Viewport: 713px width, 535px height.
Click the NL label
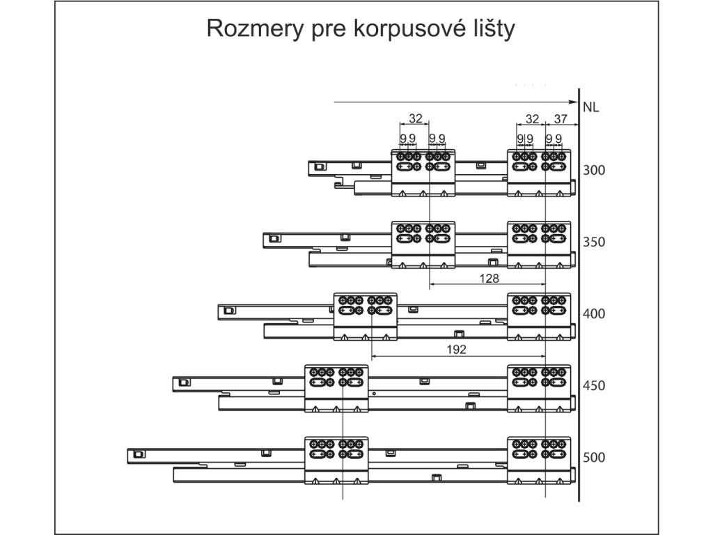(x=591, y=107)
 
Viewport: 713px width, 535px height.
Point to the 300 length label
(x=594, y=171)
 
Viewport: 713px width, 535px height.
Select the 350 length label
(x=594, y=242)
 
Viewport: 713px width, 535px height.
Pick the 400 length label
(x=594, y=314)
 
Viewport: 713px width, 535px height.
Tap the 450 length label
(x=594, y=386)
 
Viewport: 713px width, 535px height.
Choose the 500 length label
(x=594, y=458)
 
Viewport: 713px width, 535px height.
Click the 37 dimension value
(x=561, y=118)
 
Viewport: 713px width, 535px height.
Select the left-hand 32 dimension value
(x=416, y=118)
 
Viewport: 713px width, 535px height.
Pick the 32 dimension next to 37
(x=532, y=118)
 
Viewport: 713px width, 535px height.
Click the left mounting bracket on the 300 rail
(x=423, y=173)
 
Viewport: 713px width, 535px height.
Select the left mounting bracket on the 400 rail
(x=366, y=316)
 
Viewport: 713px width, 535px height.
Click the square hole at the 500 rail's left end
(x=139, y=454)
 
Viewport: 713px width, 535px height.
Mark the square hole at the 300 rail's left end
(x=319, y=167)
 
